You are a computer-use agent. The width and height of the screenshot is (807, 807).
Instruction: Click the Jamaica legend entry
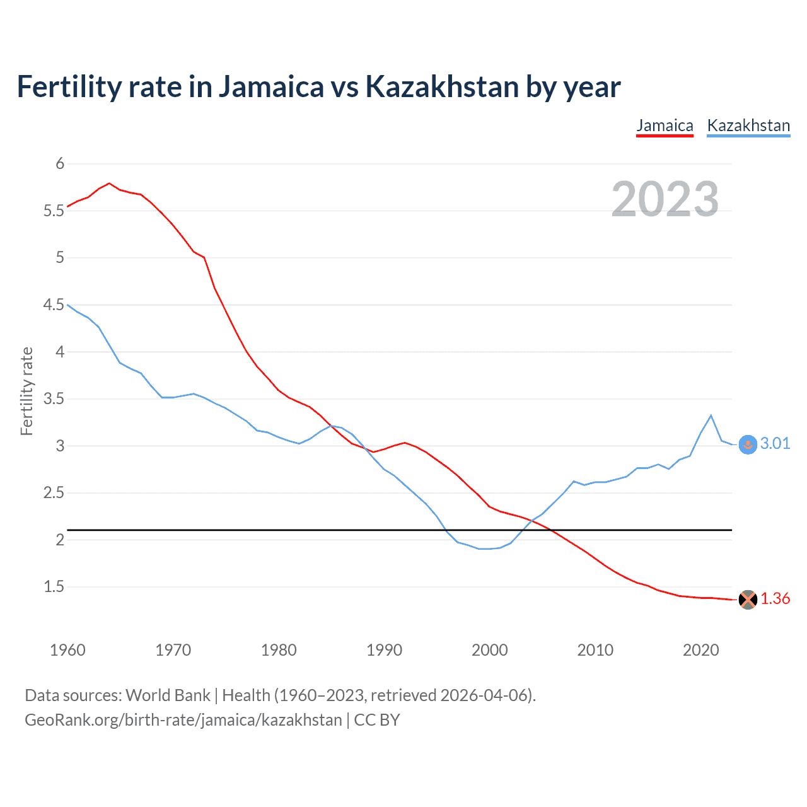pyautogui.click(x=665, y=125)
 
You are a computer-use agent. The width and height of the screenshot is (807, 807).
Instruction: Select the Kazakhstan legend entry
pyautogui.click(x=748, y=125)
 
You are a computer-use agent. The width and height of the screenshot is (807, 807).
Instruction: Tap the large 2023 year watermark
pyautogui.click(x=665, y=199)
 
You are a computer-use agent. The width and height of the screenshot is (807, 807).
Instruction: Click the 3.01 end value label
pyautogui.click(x=775, y=444)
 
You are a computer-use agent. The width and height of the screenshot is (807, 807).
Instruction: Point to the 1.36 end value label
pyautogui.click(x=775, y=599)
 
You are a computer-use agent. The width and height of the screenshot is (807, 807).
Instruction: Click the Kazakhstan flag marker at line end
pyautogui.click(x=748, y=444)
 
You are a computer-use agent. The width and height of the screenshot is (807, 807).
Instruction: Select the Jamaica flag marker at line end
pyautogui.click(x=748, y=600)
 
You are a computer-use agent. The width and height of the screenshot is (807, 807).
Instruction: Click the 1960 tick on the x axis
pyautogui.click(x=67, y=650)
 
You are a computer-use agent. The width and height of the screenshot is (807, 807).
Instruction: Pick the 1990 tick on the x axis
pyautogui.click(x=384, y=650)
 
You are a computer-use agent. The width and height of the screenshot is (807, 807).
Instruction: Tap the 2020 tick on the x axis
pyautogui.click(x=700, y=650)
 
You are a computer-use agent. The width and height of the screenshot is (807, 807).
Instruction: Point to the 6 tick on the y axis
pyautogui.click(x=60, y=164)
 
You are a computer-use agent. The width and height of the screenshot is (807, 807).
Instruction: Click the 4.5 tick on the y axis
pyautogui.click(x=54, y=305)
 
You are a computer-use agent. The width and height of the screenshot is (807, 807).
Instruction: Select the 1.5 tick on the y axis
pyautogui.click(x=54, y=587)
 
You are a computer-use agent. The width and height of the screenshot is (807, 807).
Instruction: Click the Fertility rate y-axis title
pyautogui.click(x=26, y=391)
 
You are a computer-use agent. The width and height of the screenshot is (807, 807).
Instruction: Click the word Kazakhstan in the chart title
pyautogui.click(x=442, y=86)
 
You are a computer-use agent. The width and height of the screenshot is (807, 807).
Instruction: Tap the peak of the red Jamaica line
pyautogui.click(x=109, y=183)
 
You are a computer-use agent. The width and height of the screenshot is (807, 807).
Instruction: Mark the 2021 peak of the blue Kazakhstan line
pyautogui.click(x=711, y=415)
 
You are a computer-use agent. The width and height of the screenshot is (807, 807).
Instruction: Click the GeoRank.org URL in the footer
pyautogui.click(x=183, y=720)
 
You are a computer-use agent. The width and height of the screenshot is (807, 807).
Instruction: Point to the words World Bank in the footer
pyautogui.click(x=168, y=695)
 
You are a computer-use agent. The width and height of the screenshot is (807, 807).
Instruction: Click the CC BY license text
pyautogui.click(x=377, y=720)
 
